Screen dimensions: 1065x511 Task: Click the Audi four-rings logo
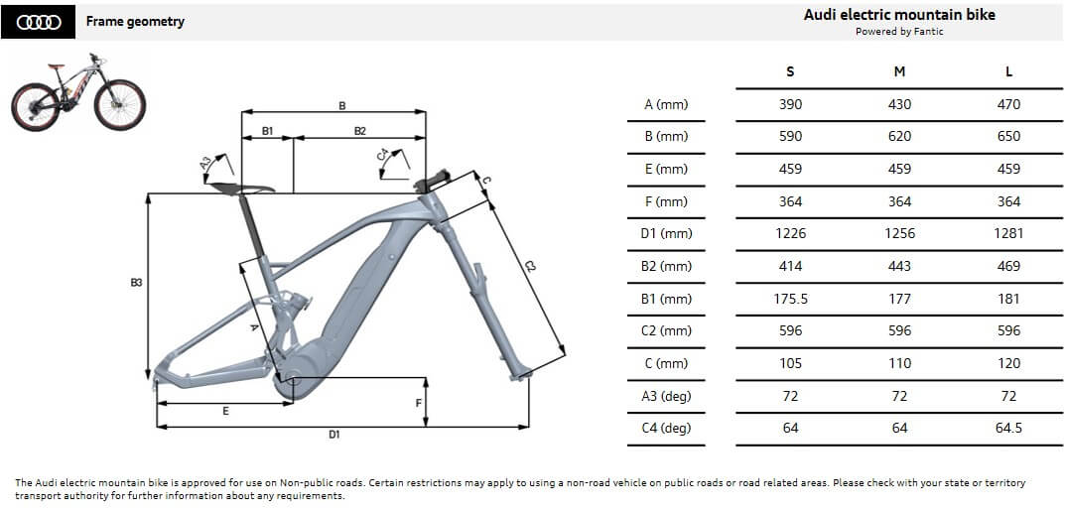(38, 22)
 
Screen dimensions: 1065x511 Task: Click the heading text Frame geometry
(135, 21)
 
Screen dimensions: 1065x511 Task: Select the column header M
(899, 71)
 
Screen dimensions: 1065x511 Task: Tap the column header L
(1008, 71)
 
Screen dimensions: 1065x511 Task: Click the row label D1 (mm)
(666, 233)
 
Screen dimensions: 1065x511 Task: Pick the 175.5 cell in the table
(790, 299)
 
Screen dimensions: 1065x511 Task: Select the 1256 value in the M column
(899, 233)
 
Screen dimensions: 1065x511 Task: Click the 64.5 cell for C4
(1008, 429)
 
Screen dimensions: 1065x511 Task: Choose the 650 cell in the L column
(1008, 136)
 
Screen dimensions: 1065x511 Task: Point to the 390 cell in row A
(790, 104)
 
